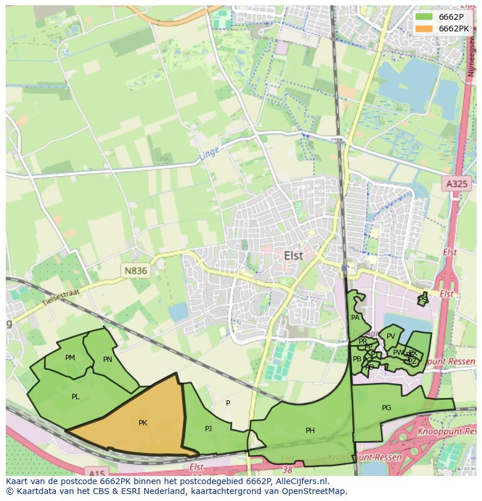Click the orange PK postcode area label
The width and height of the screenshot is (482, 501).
[x=143, y=423]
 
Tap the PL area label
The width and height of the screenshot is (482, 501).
[x=75, y=397]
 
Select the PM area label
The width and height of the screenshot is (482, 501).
[x=70, y=358]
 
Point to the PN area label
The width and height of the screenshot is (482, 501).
[x=107, y=360]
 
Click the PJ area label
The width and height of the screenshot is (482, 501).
[x=208, y=429]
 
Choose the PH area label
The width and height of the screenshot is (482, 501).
[x=310, y=431]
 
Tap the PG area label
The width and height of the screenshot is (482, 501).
[x=386, y=408]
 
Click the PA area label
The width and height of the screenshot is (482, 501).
[x=355, y=318]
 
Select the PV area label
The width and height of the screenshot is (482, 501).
[x=391, y=336]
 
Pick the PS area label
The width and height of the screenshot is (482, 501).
[x=423, y=299]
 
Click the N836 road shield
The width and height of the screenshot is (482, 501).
[x=136, y=271]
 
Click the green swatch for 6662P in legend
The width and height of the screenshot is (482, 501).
[x=424, y=16]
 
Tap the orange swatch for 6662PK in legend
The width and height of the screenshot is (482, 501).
[x=424, y=29]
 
